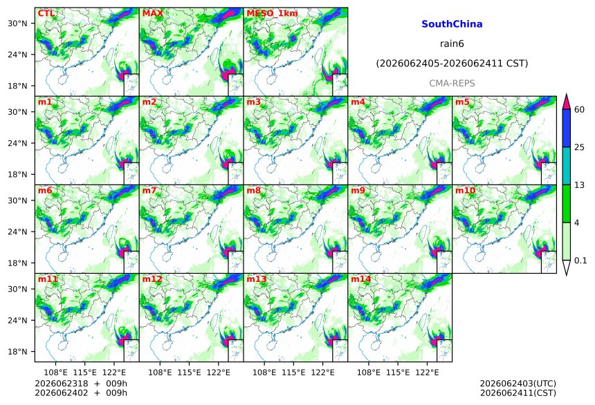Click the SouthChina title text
pyautogui.click(x=452, y=24)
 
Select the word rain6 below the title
pyautogui.click(x=452, y=44)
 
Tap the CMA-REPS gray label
pyautogui.click(x=452, y=83)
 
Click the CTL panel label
pyautogui.click(x=46, y=13)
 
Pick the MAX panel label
pyautogui.click(x=152, y=13)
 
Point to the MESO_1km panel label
pyautogui.click(x=272, y=13)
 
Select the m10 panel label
pyautogui.click(x=465, y=190)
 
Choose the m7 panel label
pyautogui.click(x=149, y=190)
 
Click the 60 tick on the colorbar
pyautogui.click(x=580, y=110)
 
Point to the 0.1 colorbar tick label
pyautogui.click(x=580, y=261)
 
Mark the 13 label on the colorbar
pyautogui.click(x=580, y=185)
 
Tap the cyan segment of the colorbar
pyautogui.click(x=566, y=166)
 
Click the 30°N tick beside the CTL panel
pyautogui.click(x=17, y=23)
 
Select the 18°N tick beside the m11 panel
pyautogui.click(x=17, y=352)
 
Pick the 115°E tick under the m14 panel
pyautogui.click(x=398, y=373)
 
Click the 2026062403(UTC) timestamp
pyautogui.click(x=518, y=384)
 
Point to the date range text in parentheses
pyautogui.click(x=452, y=64)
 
